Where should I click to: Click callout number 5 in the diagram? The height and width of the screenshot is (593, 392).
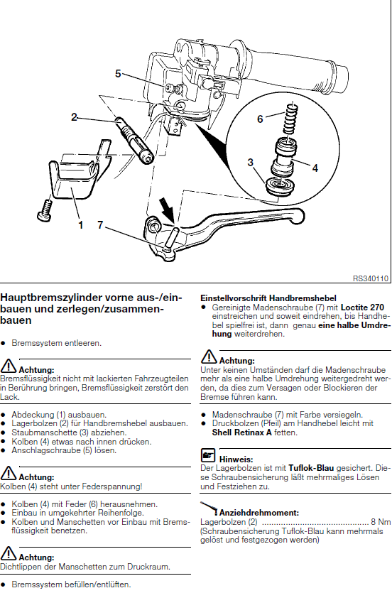click(x=118, y=73)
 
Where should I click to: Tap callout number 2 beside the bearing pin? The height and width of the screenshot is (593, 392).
click(x=74, y=117)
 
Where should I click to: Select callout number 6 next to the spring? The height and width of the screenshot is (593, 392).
click(x=260, y=119)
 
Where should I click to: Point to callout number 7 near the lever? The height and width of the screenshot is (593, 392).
click(x=100, y=225)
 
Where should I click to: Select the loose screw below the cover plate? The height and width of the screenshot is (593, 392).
click(x=45, y=210)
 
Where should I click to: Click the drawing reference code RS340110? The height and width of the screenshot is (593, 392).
click(x=371, y=278)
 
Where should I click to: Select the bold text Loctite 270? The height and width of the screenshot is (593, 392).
click(x=362, y=308)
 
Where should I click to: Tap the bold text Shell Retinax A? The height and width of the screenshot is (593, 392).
click(x=242, y=432)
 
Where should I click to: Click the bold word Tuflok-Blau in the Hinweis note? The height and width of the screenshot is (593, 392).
click(x=311, y=468)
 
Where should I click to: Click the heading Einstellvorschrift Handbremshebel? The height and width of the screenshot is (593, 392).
click(x=268, y=298)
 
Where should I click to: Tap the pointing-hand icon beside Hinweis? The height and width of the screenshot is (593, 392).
click(x=207, y=455)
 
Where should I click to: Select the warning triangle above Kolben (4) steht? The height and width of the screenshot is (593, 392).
click(x=9, y=473)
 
